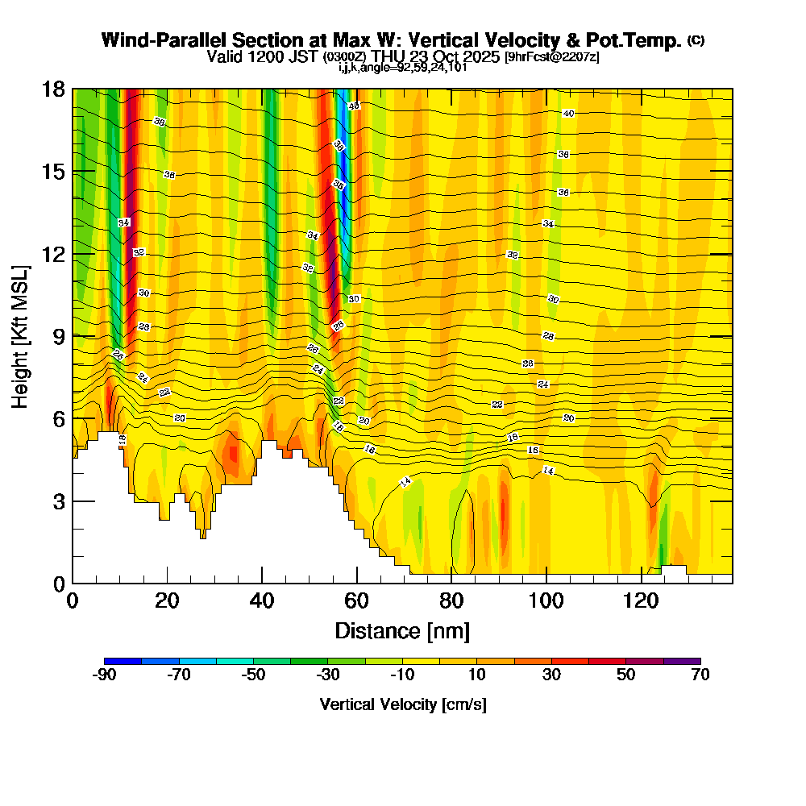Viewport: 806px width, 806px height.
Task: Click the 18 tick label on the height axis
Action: point(52,89)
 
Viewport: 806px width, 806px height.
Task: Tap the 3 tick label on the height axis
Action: point(58,501)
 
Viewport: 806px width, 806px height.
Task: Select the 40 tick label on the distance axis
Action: point(262,601)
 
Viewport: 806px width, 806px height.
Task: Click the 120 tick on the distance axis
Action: point(642,582)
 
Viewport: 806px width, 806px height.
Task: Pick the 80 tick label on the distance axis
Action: point(452,601)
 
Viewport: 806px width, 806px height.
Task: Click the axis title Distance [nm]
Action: point(402,630)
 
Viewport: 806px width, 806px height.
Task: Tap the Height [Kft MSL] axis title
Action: point(21,335)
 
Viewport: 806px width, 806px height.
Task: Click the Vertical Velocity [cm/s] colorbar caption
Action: point(402,704)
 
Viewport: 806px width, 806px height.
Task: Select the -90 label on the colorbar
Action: point(105,675)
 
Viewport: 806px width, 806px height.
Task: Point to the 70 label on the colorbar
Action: point(700,675)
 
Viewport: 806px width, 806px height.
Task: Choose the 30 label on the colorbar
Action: point(551,675)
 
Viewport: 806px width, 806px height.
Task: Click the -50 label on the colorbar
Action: point(253,675)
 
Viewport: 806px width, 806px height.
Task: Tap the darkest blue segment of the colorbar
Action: point(123,661)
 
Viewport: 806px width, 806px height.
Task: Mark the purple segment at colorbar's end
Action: point(682,661)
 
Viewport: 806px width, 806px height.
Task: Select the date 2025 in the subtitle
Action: point(479,57)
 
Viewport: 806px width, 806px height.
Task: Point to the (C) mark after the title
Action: point(696,39)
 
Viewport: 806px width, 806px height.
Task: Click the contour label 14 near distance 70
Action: point(406,482)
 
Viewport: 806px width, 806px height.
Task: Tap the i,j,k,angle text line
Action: point(402,67)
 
